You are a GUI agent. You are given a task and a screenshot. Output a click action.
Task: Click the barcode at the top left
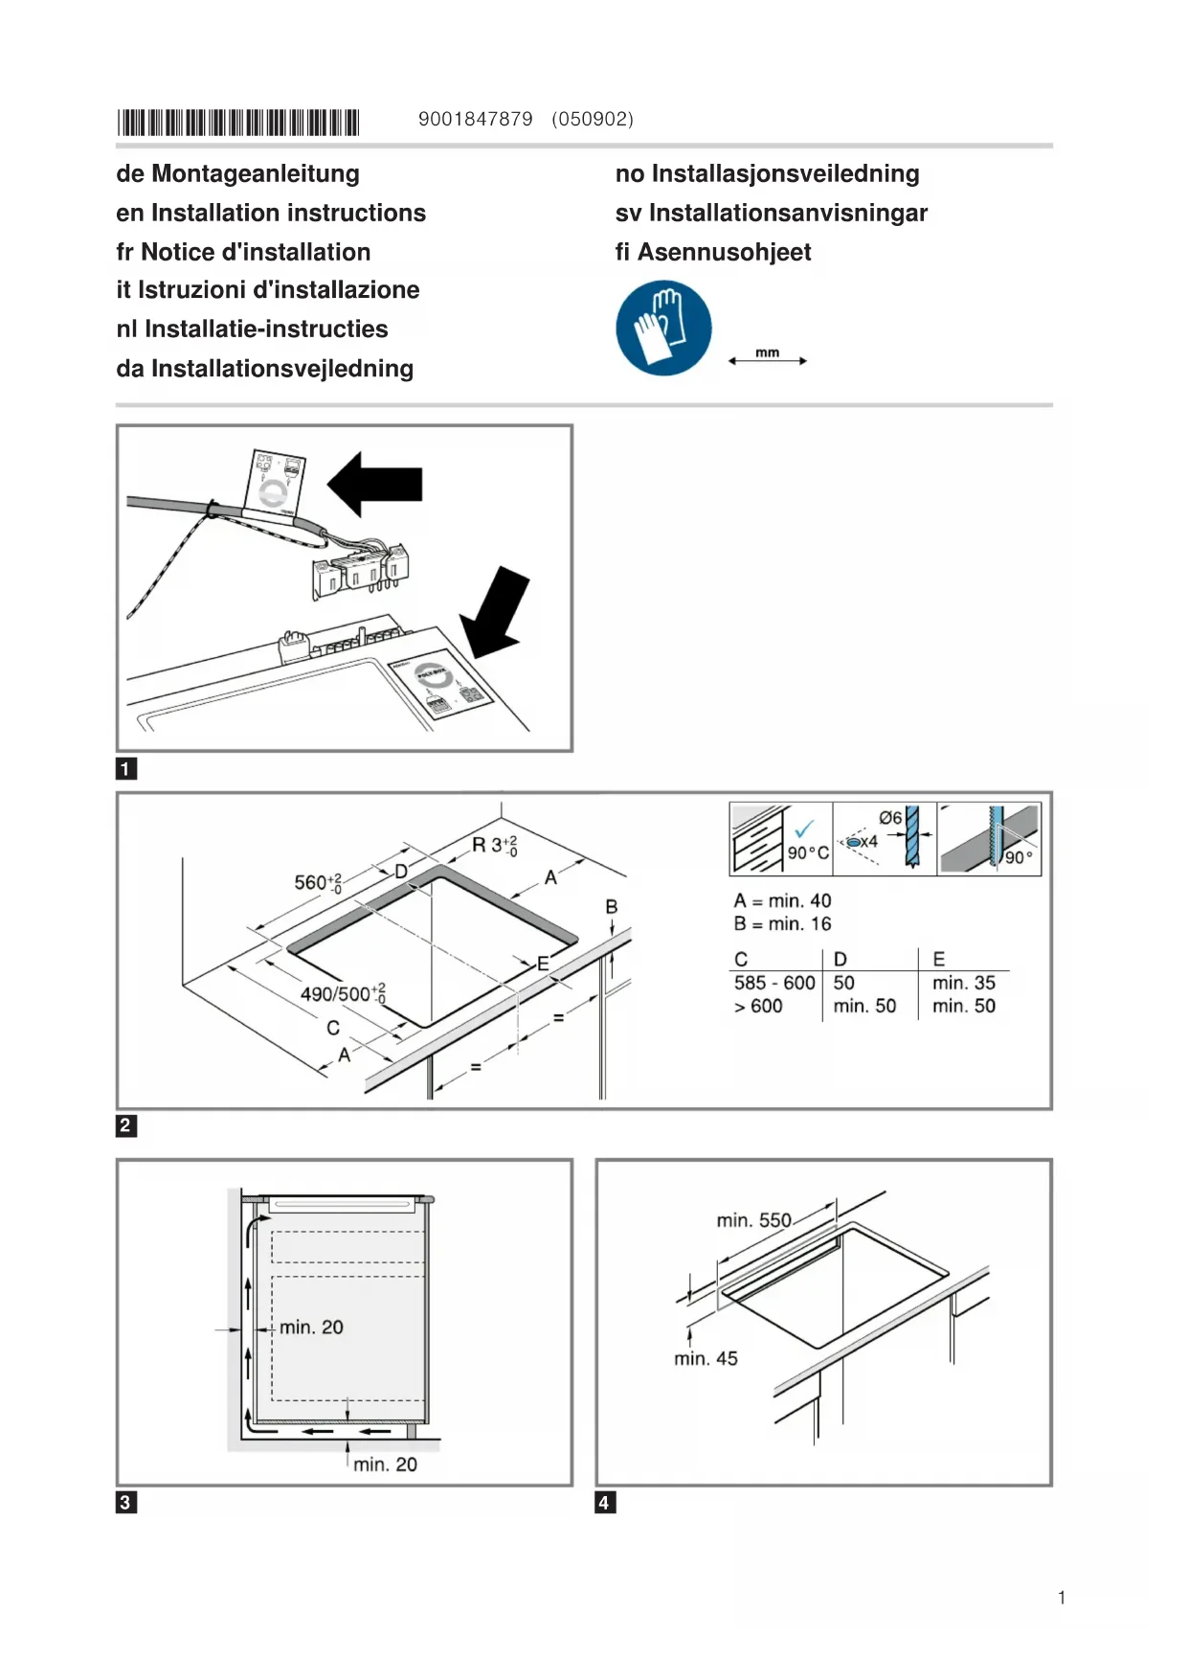click(x=237, y=123)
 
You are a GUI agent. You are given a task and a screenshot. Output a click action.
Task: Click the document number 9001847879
click(x=475, y=119)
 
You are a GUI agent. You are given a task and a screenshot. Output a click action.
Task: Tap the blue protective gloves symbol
click(x=663, y=328)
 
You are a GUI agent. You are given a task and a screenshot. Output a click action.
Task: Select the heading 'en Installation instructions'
click(x=271, y=213)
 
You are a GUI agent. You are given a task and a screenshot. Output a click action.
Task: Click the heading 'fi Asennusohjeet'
click(x=712, y=252)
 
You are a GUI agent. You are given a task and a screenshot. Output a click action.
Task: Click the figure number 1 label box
click(x=125, y=768)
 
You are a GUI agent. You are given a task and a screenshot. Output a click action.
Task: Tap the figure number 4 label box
click(x=604, y=1502)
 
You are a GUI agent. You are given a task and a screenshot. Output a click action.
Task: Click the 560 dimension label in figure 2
click(x=316, y=882)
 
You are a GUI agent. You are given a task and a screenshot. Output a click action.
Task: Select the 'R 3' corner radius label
click(x=494, y=845)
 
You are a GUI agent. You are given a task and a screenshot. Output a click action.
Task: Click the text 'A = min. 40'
click(x=782, y=900)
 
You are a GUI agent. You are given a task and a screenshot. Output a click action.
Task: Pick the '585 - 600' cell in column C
click(x=774, y=983)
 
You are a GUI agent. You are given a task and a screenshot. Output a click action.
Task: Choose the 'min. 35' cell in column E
click(x=963, y=983)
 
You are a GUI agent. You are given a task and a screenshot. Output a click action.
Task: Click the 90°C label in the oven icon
click(x=808, y=852)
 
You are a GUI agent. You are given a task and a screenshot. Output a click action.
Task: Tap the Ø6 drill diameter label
click(x=890, y=818)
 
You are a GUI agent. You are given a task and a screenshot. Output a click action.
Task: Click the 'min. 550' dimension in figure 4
click(x=753, y=1220)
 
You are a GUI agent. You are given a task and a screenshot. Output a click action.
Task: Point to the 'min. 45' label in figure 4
click(x=706, y=1358)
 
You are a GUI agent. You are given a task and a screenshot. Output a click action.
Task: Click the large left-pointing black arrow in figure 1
click(x=375, y=484)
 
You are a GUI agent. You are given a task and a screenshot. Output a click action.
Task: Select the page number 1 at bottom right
click(x=1062, y=1597)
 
